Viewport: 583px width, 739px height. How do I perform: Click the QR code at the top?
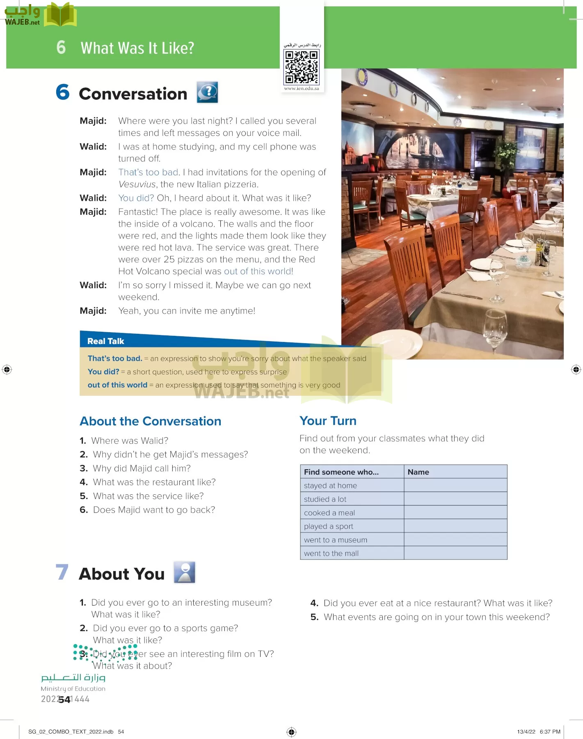(302, 67)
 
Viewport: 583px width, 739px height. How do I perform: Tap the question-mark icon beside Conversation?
(208, 92)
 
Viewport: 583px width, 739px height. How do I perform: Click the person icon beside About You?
(185, 572)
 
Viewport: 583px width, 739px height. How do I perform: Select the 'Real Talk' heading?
(105, 341)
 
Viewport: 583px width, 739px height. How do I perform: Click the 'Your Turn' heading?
(328, 421)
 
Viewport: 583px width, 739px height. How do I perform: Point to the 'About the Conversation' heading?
(150, 421)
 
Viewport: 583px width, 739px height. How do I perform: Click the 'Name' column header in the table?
(418, 472)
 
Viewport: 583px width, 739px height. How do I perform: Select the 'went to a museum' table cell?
(336, 540)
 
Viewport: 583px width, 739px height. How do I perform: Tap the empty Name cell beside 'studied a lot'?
(455, 499)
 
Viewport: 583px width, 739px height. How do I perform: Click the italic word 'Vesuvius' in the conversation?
(137, 184)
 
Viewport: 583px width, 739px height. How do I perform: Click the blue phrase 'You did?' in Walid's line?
(136, 198)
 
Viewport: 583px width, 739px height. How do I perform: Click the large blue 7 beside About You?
(62, 572)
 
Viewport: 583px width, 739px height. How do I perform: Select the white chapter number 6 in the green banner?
(61, 47)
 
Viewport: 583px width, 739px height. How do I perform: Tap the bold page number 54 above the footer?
(64, 700)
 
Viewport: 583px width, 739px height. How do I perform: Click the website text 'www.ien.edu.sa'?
(302, 88)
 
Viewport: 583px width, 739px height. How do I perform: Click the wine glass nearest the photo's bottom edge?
(495, 328)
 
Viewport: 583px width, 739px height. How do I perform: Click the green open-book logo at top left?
(60, 16)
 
